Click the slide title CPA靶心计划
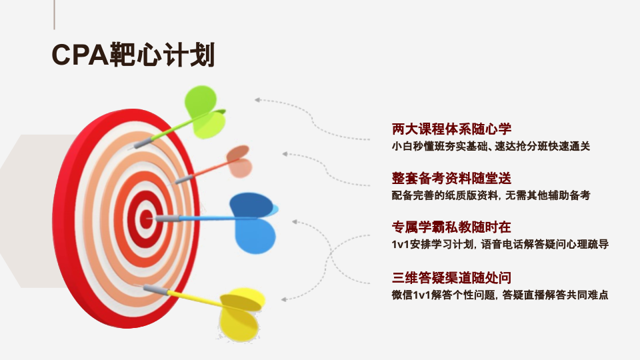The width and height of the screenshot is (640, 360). (133, 55)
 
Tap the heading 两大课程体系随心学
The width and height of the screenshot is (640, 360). (451, 129)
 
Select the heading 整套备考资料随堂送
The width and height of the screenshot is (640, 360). (451, 178)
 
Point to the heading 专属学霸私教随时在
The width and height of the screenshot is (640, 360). (451, 227)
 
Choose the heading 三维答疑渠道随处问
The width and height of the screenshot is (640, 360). (451, 277)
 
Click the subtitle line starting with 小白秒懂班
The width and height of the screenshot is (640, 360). (491, 146)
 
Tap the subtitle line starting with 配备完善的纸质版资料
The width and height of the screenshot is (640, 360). (491, 195)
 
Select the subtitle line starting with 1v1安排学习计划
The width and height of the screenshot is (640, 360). (500, 244)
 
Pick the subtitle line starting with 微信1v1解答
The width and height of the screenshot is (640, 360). (500, 295)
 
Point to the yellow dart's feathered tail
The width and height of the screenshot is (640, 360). (241, 313)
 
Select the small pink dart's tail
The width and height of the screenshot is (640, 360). (239, 161)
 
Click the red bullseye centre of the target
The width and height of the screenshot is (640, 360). (146, 219)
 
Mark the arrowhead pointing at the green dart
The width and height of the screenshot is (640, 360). (257, 99)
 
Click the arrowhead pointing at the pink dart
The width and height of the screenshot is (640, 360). (285, 154)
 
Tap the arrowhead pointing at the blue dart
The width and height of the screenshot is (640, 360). (295, 221)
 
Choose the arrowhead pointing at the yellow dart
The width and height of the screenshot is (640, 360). (284, 299)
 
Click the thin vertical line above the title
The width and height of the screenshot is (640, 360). (54, 15)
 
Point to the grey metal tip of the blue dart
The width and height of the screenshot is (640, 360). (167, 219)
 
